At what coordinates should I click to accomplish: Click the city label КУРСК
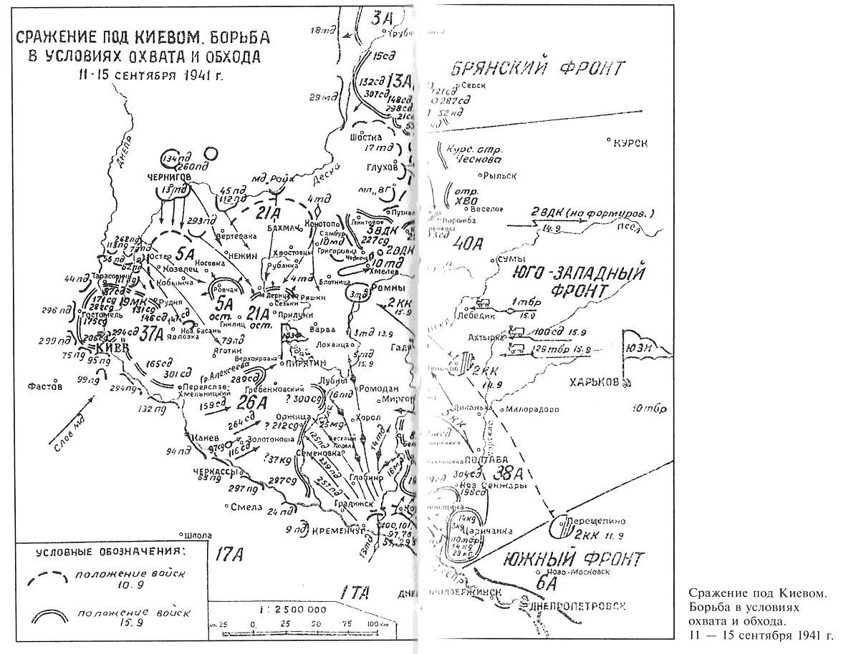632,143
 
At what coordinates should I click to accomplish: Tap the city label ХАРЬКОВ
593,383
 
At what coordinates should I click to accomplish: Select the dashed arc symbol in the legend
47,578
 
